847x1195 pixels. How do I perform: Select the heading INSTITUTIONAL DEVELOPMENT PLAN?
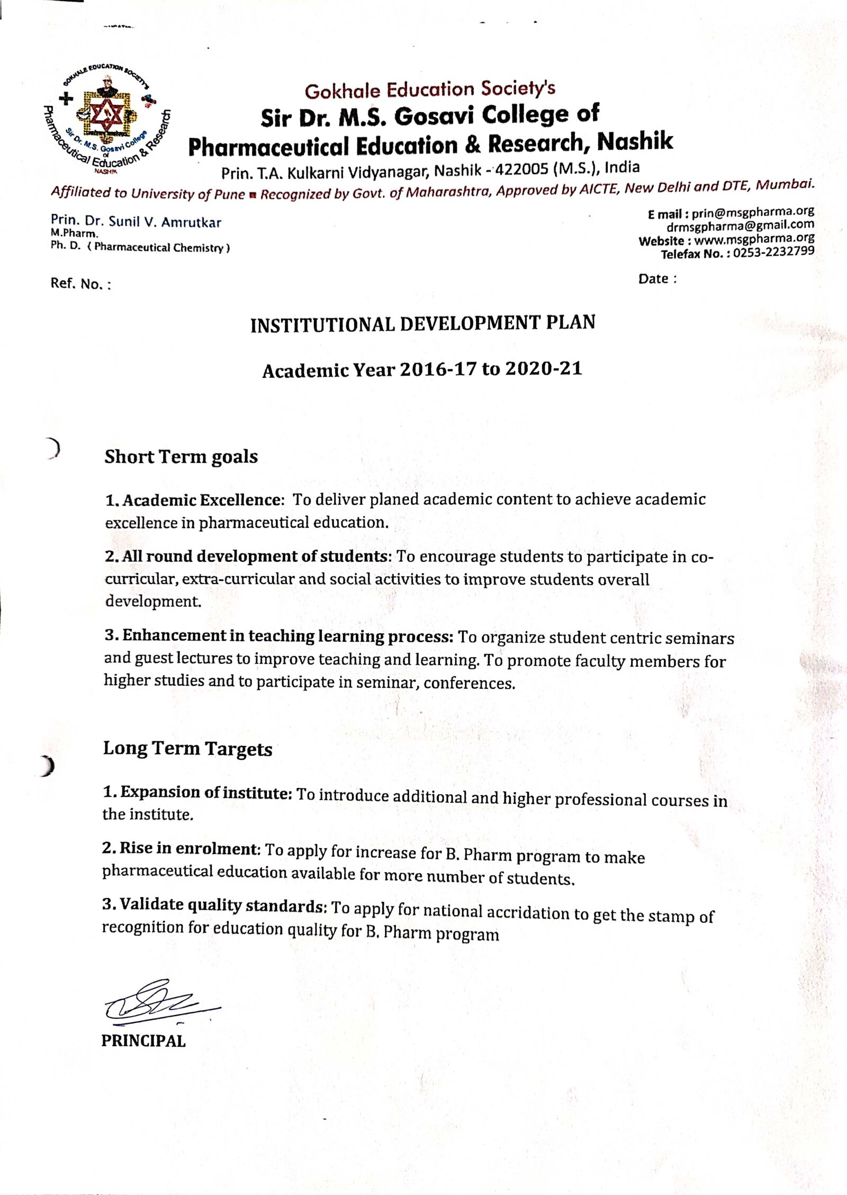422,324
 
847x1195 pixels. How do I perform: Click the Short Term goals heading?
181,457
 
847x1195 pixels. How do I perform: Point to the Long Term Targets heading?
187,749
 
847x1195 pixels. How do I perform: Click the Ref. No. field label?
80,284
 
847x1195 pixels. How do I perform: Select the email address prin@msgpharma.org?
753,213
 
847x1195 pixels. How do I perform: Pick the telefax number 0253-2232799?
774,253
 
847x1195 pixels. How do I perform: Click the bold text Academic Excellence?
201,500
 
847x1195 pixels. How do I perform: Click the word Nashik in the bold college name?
635,141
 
